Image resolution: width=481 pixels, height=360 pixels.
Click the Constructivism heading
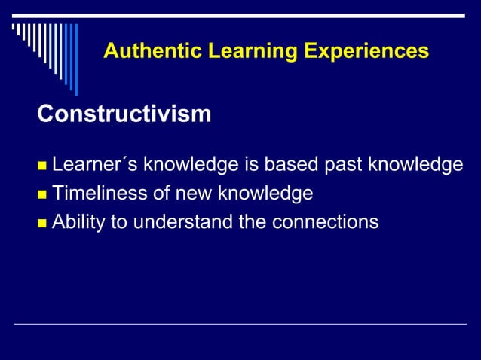pos(124,114)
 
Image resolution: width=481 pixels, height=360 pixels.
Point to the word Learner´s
pos(95,165)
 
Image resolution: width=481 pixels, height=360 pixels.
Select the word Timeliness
pos(100,194)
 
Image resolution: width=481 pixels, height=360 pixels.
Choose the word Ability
pos(77,223)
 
